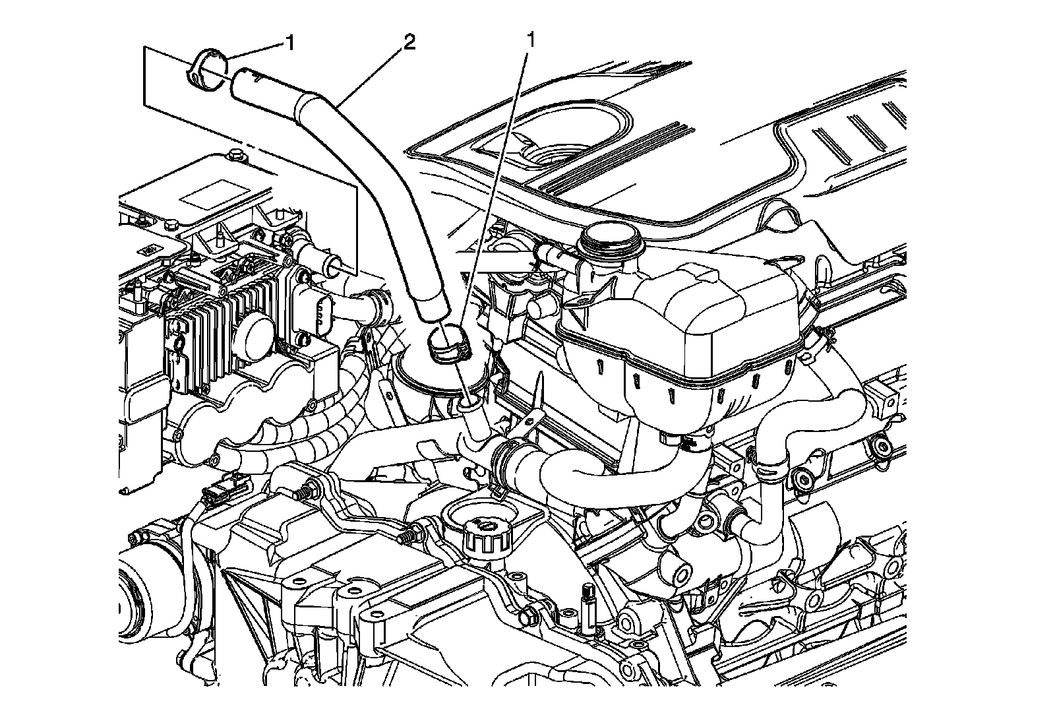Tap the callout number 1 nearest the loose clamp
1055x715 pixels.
point(288,43)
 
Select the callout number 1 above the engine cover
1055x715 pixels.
point(529,40)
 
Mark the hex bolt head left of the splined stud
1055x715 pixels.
point(527,618)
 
